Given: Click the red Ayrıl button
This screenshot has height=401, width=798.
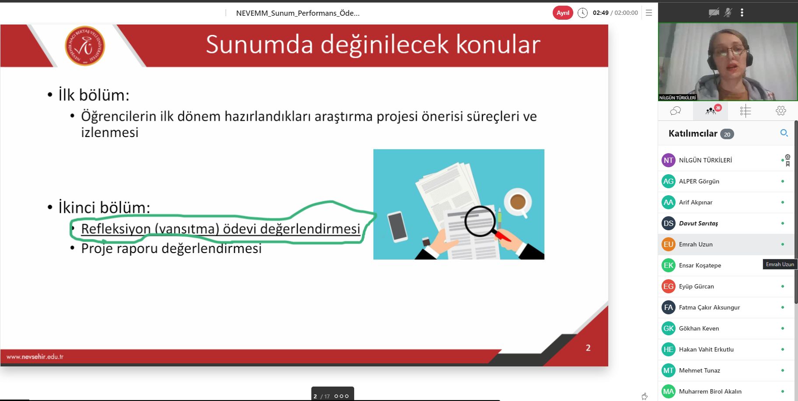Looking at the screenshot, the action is click(563, 13).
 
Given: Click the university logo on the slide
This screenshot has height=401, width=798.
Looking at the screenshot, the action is click(85, 46).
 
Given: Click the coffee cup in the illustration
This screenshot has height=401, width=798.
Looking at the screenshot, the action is click(518, 203).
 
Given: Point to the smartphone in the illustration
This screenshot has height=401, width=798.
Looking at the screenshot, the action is click(397, 226).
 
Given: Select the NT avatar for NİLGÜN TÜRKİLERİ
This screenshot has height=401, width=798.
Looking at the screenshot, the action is click(669, 160).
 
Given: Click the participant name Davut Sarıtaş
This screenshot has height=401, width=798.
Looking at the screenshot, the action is click(698, 223).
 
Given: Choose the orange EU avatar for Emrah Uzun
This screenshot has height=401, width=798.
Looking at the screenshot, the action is click(669, 244).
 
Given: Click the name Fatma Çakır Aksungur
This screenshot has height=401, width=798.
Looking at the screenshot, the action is click(709, 307).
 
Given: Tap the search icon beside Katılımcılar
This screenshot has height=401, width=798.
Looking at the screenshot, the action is click(784, 133).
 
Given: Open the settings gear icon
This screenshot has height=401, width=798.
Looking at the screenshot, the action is click(781, 111).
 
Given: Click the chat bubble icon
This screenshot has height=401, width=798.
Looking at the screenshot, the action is click(676, 111).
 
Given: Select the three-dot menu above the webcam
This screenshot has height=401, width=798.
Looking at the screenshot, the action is click(742, 13).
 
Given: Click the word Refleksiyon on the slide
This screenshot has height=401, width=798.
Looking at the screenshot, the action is click(116, 229).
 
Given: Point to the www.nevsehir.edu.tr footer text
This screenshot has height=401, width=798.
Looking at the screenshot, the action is click(35, 356).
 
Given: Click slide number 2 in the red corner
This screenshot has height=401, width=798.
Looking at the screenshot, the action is click(588, 348).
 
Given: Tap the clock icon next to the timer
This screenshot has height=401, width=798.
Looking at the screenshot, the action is click(582, 13).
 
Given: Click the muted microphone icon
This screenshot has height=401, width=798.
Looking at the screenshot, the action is click(728, 13).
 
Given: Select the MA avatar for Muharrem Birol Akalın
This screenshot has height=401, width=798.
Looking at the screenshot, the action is click(669, 391).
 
